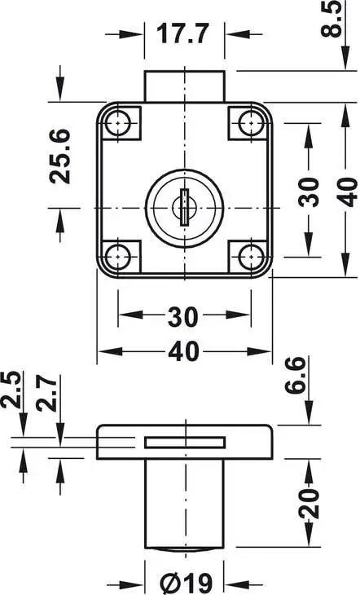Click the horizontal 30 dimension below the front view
pos(184,315)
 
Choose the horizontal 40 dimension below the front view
pos(184,352)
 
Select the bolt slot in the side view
pos(185,442)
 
